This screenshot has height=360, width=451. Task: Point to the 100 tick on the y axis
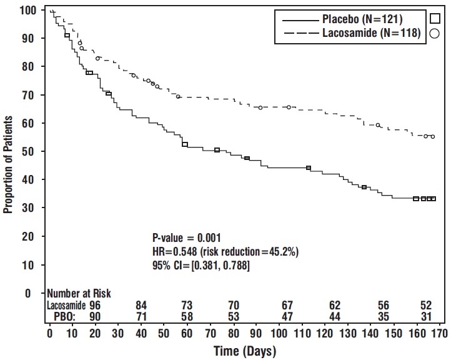click(27, 11)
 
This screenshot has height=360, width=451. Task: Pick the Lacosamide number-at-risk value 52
click(426, 305)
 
